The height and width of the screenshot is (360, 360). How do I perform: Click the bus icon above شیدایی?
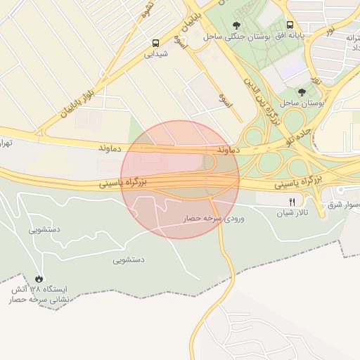(155, 42)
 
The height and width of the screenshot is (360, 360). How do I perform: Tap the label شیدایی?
(155, 53)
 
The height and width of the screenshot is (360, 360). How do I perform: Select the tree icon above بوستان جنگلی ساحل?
(235, 25)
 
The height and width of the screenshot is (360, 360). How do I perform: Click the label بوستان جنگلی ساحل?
(229, 36)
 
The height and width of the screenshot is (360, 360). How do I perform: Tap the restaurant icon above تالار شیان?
(292, 201)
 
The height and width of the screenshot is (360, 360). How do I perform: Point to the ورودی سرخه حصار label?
(214, 219)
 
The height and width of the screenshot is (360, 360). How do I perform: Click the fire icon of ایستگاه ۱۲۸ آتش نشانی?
(38, 278)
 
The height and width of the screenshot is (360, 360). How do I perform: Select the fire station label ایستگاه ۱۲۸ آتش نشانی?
(38, 295)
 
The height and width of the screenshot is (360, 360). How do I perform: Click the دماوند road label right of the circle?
(230, 150)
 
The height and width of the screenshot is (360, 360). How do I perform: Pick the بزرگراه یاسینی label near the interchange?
(297, 182)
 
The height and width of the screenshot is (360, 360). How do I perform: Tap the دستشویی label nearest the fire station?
(129, 259)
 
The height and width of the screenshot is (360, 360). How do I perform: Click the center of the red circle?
(180, 179)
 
